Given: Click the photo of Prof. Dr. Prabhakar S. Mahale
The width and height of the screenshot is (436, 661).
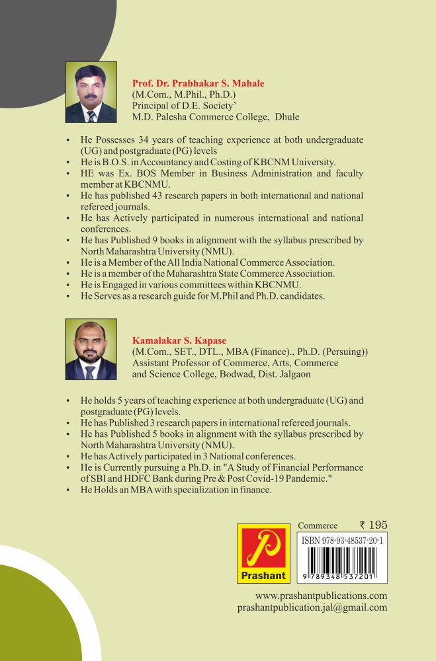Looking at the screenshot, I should (x=91, y=92).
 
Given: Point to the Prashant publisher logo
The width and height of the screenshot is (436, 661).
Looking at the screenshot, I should (x=263, y=553).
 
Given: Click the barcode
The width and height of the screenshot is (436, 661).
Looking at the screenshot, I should (x=342, y=561).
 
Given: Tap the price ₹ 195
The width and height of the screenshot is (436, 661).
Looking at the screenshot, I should (x=373, y=525).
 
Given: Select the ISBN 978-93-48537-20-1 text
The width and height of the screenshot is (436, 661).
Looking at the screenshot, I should (x=342, y=540).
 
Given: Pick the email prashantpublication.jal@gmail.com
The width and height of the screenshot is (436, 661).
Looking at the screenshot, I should (x=312, y=607).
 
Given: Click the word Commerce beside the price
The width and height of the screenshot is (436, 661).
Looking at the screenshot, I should (x=318, y=525).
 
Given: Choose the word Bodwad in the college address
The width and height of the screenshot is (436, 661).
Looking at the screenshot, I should (x=210, y=374).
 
